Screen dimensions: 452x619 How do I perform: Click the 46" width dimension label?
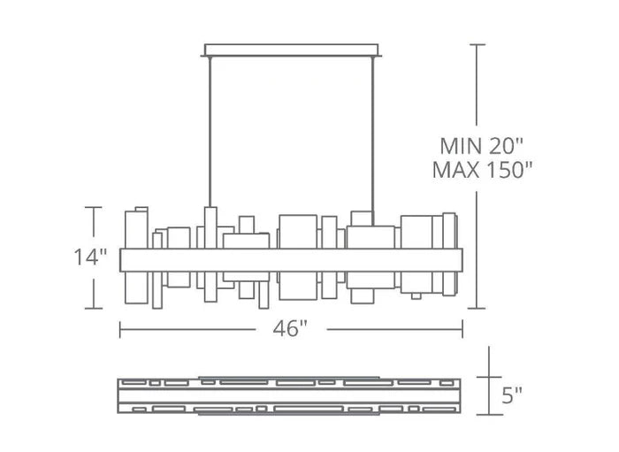pos(291,329)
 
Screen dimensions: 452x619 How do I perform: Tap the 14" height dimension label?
pos(90,257)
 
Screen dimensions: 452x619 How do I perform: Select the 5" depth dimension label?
pos(511,395)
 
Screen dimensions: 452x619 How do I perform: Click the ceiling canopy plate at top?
pos(293,50)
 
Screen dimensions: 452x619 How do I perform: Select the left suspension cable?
pos(209,133)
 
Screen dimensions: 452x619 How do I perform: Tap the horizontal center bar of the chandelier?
pos(291,259)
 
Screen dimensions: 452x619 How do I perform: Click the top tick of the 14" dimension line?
pos(93,207)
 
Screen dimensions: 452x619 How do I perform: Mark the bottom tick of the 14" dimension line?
pos(93,308)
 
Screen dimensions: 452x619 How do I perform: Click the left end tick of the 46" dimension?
pos(120,329)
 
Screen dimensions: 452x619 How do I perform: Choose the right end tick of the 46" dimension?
pos(462,329)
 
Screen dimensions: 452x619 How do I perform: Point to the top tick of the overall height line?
pos(478,44)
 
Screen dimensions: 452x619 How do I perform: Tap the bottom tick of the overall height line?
pos(478,308)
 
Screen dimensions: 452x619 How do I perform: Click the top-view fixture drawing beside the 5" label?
pos(291,395)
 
